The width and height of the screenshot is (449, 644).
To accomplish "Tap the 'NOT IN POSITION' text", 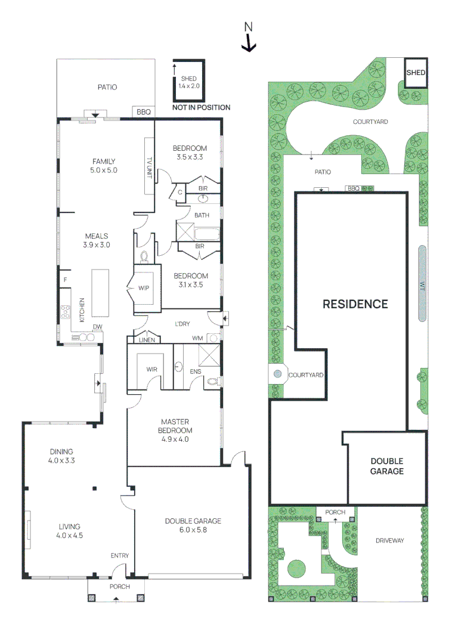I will pyautogui.click(x=201, y=107).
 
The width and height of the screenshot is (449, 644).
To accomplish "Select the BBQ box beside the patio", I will pyautogui.click(x=144, y=112).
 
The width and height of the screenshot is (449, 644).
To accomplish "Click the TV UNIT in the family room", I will pyautogui.click(x=149, y=166).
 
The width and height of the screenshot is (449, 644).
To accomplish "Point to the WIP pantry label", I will pyautogui.click(x=143, y=288).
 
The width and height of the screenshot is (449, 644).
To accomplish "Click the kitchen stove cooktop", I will pyautogui.click(x=65, y=312).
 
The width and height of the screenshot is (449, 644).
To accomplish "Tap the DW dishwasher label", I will pyautogui.click(x=97, y=326).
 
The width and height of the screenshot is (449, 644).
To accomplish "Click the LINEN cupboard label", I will pyautogui.click(x=147, y=339).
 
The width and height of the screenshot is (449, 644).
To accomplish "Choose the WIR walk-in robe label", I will pyautogui.click(x=152, y=369).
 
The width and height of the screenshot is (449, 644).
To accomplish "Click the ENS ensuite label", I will pyautogui.click(x=195, y=371).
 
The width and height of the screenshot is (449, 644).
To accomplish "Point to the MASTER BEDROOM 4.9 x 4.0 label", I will pyautogui.click(x=175, y=435).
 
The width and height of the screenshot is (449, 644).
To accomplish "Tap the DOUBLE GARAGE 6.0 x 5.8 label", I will pyautogui.click(x=193, y=525).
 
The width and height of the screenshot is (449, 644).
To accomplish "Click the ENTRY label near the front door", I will pyautogui.click(x=119, y=556).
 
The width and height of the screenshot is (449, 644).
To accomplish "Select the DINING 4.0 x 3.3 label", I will pyautogui.click(x=61, y=456).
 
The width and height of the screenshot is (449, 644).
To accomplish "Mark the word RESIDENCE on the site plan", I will pyautogui.click(x=355, y=304).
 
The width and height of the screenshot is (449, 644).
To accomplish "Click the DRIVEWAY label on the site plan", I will pyautogui.click(x=389, y=541).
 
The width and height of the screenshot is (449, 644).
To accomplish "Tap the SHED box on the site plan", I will pyautogui.click(x=416, y=73).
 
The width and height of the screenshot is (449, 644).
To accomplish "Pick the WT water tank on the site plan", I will pyautogui.click(x=422, y=284).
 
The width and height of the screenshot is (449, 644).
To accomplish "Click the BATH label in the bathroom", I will pyautogui.click(x=201, y=215).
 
